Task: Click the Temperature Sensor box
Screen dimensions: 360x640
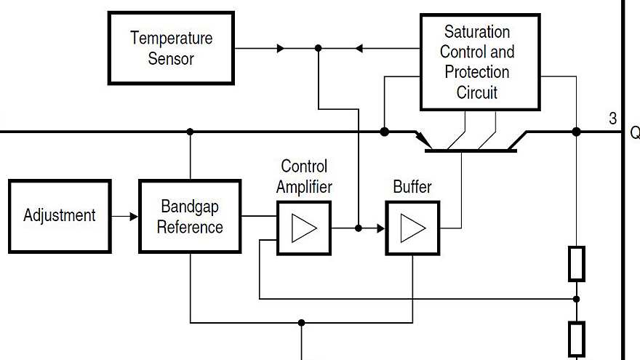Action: [171, 48]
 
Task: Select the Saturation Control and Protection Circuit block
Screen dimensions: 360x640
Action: [479, 62]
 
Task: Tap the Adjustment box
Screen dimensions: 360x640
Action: [60, 216]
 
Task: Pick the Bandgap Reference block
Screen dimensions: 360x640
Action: [190, 217]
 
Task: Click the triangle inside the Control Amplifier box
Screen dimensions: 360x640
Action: [304, 228]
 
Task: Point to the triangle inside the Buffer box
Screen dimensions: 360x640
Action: [412, 228]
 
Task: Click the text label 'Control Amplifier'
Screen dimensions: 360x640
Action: [304, 177]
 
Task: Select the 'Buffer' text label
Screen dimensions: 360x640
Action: [412, 187]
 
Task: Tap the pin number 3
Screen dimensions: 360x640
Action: [613, 119]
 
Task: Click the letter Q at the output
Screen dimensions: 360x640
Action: [634, 133]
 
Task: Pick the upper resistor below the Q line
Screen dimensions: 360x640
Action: [576, 263]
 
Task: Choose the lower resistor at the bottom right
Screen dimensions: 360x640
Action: [576, 338]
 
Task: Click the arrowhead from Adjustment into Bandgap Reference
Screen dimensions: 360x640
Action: [133, 216]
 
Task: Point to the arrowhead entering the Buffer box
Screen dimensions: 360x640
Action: [380, 228]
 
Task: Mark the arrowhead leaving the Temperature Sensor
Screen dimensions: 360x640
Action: [281, 49]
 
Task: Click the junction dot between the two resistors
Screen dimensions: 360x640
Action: [576, 299]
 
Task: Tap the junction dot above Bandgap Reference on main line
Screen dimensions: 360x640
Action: [190, 132]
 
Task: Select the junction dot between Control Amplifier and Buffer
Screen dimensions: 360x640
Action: [358, 228]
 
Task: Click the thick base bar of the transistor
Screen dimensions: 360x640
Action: [470, 151]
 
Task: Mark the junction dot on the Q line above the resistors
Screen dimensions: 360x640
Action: [576, 132]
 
